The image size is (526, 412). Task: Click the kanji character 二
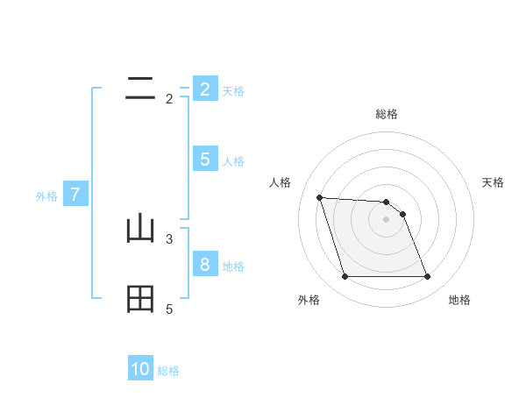(x=140, y=87)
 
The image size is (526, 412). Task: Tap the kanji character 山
(x=140, y=229)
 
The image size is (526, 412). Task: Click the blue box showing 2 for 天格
(x=204, y=89)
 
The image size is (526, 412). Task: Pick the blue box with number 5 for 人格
(x=204, y=160)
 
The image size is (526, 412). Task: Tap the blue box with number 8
(x=204, y=265)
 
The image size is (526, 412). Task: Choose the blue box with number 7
(x=75, y=195)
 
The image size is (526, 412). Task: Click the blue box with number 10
(x=140, y=369)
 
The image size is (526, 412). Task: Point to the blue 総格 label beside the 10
(x=168, y=371)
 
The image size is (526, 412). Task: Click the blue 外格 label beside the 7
(x=46, y=196)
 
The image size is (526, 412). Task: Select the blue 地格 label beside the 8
(x=233, y=266)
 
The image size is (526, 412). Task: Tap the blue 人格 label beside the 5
(x=233, y=161)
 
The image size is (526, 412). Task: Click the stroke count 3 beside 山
(x=169, y=238)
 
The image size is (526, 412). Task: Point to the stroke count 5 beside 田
(x=169, y=309)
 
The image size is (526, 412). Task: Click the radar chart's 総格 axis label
(x=386, y=114)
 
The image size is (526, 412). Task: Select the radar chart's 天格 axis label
(x=494, y=182)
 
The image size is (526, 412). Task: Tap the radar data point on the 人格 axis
(x=319, y=197)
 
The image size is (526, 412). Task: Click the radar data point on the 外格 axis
(x=345, y=277)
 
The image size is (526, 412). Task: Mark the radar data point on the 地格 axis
(x=427, y=277)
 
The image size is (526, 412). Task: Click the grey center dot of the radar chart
(x=386, y=219)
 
